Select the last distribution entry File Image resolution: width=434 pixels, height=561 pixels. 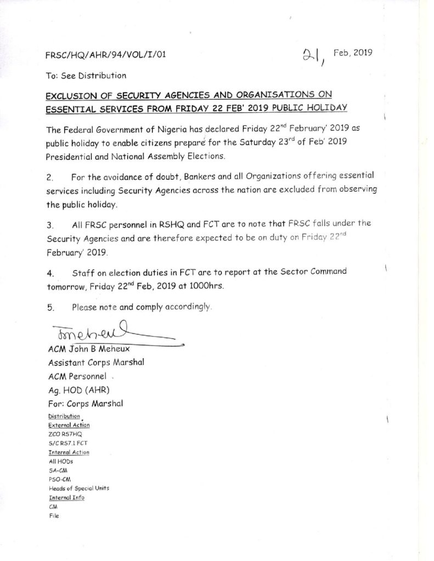(53, 515)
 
